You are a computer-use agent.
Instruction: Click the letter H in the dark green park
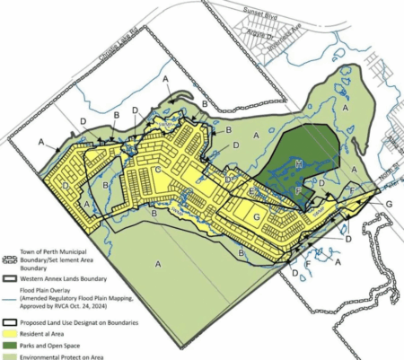[x=298, y=163]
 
